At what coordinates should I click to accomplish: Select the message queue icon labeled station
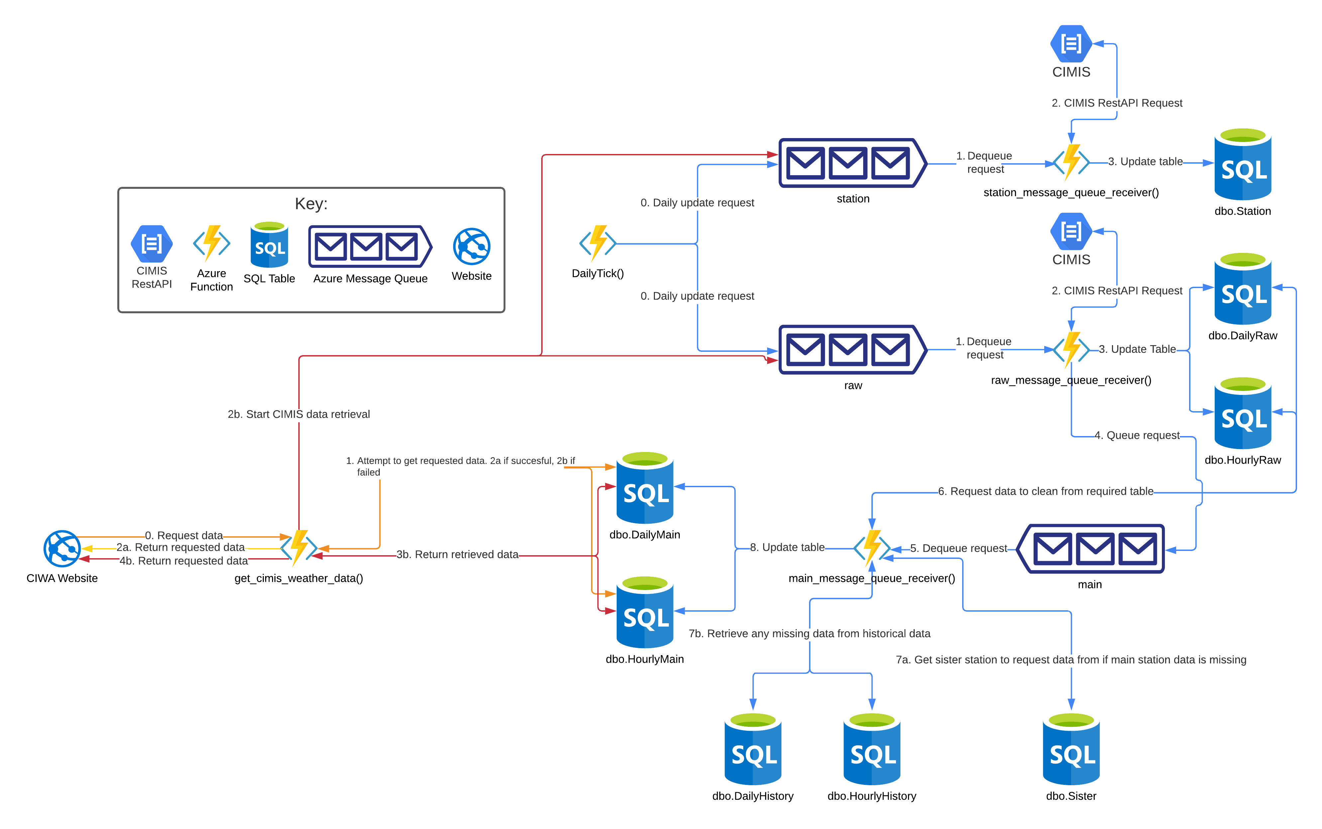coord(852,163)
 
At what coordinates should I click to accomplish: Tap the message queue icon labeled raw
coord(852,350)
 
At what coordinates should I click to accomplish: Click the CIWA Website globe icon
coord(62,548)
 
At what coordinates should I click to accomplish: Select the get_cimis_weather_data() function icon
coord(299,547)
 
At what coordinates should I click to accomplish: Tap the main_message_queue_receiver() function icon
coord(872,547)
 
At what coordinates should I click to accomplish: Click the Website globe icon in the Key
coord(471,246)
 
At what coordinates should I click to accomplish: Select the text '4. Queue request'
coord(1137,435)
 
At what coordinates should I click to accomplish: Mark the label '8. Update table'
coord(787,547)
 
